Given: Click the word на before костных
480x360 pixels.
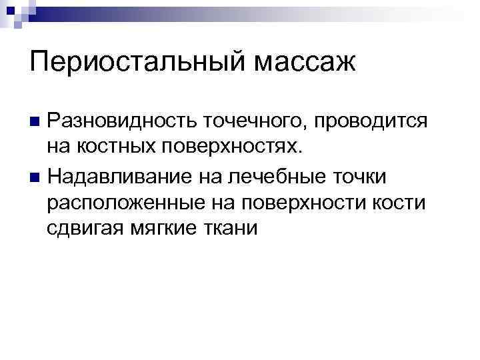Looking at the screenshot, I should (61, 147).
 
